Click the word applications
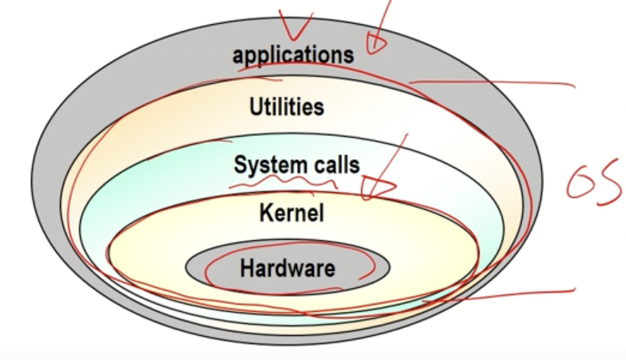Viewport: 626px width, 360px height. tap(293, 54)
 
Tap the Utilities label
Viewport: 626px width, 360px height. tap(287, 106)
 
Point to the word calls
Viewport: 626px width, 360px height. tap(335, 166)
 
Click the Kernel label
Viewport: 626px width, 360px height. tap(291, 214)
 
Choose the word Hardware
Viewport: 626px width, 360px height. tap(287, 267)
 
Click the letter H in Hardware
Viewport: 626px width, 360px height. tap(247, 267)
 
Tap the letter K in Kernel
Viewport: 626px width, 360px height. tap(267, 214)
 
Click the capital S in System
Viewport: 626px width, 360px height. tap(240, 166)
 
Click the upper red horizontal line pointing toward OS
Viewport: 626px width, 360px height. tap(512, 82)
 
